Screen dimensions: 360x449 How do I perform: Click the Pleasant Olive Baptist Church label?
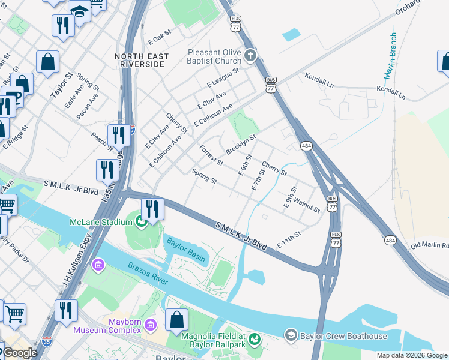pyautogui.click(x=214, y=57)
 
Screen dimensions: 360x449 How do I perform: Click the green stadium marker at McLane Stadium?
pyautogui.click(x=141, y=222)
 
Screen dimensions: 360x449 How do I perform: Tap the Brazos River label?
pyautogui.click(x=147, y=272)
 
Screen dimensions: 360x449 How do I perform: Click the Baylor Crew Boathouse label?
pyautogui.click(x=344, y=336)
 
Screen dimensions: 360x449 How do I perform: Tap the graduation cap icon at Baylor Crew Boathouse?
pyautogui.click(x=291, y=334)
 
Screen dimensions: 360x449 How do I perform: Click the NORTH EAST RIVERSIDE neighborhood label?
pyautogui.click(x=142, y=60)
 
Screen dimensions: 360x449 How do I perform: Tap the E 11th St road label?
pyautogui.click(x=288, y=242)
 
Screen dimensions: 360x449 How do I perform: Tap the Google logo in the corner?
pyautogui.click(x=19, y=353)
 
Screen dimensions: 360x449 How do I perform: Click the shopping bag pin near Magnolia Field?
pyautogui.click(x=177, y=320)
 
